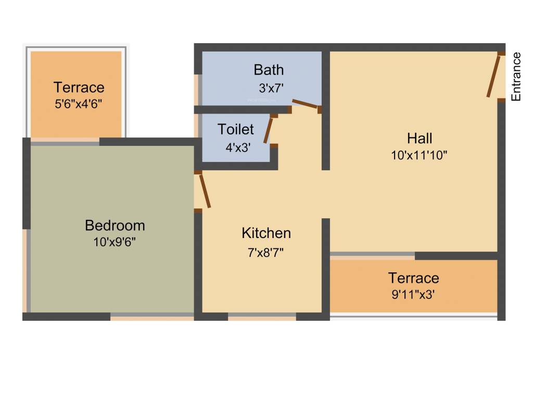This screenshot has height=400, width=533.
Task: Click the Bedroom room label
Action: click(x=115, y=226)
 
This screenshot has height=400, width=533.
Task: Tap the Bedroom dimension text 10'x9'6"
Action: click(x=115, y=242)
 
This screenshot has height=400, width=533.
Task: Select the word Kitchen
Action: click(x=266, y=233)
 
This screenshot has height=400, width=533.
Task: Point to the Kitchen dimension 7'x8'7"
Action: click(x=266, y=253)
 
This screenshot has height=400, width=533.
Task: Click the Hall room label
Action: click(x=420, y=139)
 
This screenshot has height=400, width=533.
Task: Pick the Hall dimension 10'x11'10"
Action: click(x=420, y=155)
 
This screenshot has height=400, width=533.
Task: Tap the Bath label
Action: click(x=269, y=69)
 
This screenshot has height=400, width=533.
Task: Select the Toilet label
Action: click(x=236, y=129)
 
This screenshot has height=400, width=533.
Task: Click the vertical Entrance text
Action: click(x=516, y=76)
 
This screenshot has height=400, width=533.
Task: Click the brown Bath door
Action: click(x=305, y=104)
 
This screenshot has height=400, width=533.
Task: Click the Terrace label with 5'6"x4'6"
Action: click(x=79, y=87)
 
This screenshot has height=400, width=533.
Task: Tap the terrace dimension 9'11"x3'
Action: click(x=413, y=294)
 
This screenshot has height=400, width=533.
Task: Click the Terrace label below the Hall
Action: click(x=413, y=278)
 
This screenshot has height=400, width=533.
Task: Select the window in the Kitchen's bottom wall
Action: click(x=262, y=316)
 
